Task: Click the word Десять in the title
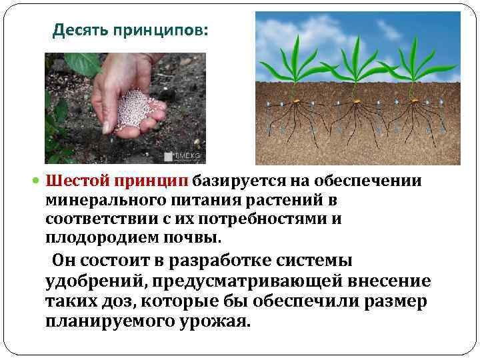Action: tap(77, 31)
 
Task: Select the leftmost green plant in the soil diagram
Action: tap(294, 67)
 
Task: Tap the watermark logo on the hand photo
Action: tap(181, 157)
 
